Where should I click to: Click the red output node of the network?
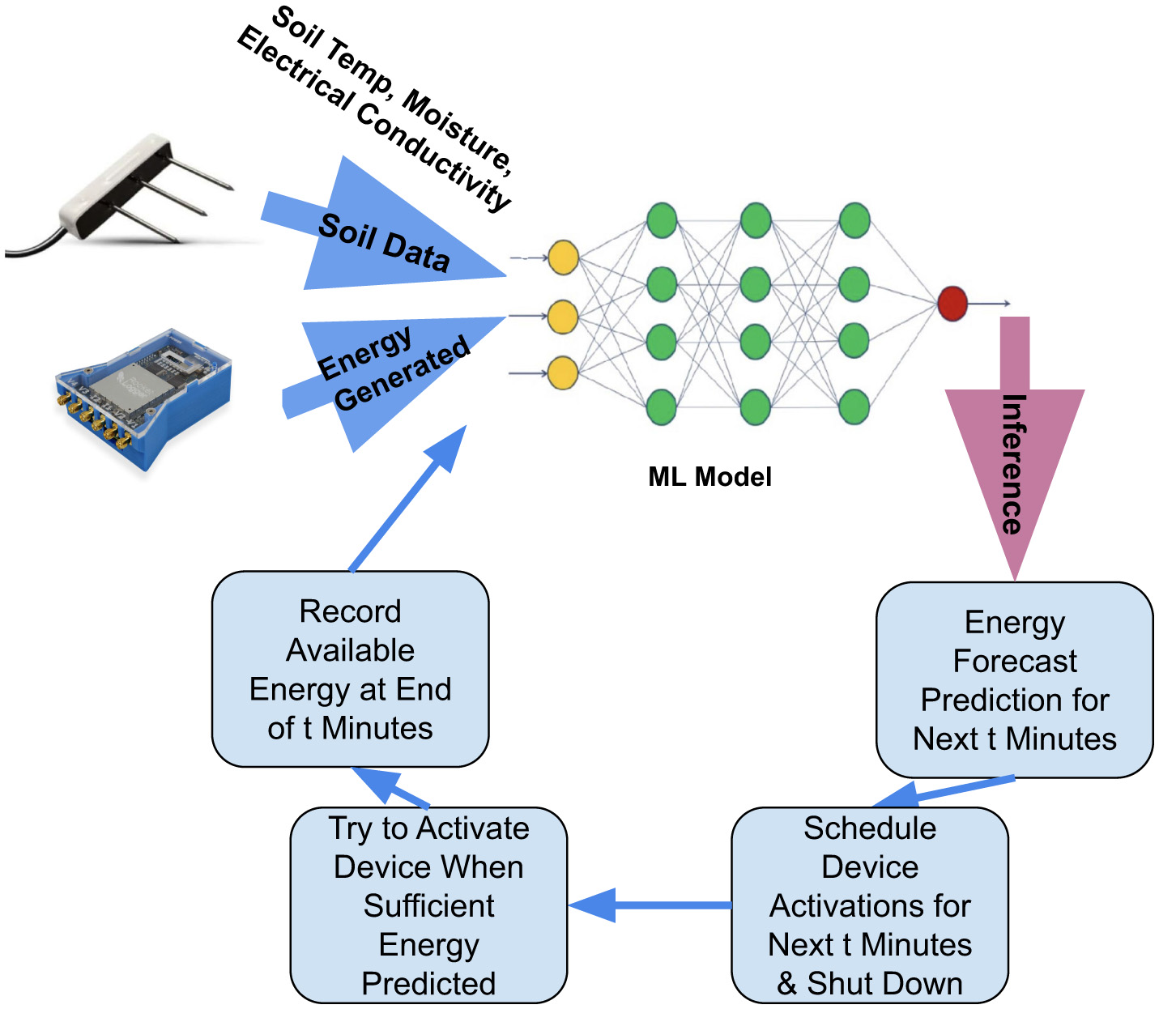[x=952, y=303]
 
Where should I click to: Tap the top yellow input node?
[x=563, y=258]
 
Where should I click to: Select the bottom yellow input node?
[x=563, y=373]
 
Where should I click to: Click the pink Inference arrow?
[x=1014, y=453]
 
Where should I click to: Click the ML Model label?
[x=709, y=476]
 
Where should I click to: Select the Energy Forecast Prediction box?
[x=1014, y=680]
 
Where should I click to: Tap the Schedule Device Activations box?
[x=869, y=905]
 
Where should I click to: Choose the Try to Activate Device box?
[x=428, y=905]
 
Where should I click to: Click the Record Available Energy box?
[x=350, y=669]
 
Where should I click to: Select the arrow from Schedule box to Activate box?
[x=648, y=905]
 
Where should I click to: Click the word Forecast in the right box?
[x=1014, y=661]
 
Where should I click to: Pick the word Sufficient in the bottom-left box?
[x=428, y=905]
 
